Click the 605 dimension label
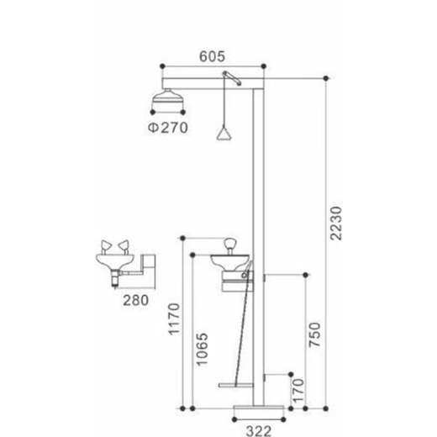tap(212, 56)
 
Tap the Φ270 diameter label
tap(168, 128)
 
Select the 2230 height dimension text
tap(335, 224)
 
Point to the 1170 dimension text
tap(174, 319)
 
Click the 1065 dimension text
tap(202, 349)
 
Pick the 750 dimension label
tap(314, 334)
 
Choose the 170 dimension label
tap(298, 390)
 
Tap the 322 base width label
tap(259, 431)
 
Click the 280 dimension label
tap(136, 300)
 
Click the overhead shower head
tap(168, 97)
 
